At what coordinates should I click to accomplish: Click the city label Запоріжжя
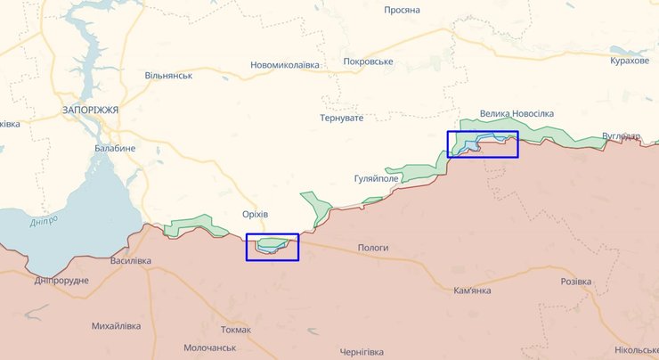[x=90, y=109]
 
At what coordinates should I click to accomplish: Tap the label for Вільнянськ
[x=168, y=76]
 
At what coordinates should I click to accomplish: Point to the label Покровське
[x=368, y=61]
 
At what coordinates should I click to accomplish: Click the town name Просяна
[x=402, y=10]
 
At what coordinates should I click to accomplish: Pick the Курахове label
[x=630, y=60]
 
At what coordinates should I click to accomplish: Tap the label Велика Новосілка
[x=517, y=114]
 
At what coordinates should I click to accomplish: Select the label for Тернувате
[x=342, y=119]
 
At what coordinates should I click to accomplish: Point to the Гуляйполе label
[x=376, y=178]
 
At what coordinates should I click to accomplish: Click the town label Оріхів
[x=255, y=215]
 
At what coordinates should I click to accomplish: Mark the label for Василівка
[x=130, y=261]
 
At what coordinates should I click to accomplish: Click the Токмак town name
[x=236, y=330]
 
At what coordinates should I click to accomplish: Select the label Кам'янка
[x=472, y=290]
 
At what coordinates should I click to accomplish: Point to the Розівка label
[x=575, y=282]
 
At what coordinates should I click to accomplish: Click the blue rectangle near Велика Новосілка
[x=482, y=144]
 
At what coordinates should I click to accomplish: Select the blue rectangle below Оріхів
[x=273, y=247]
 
